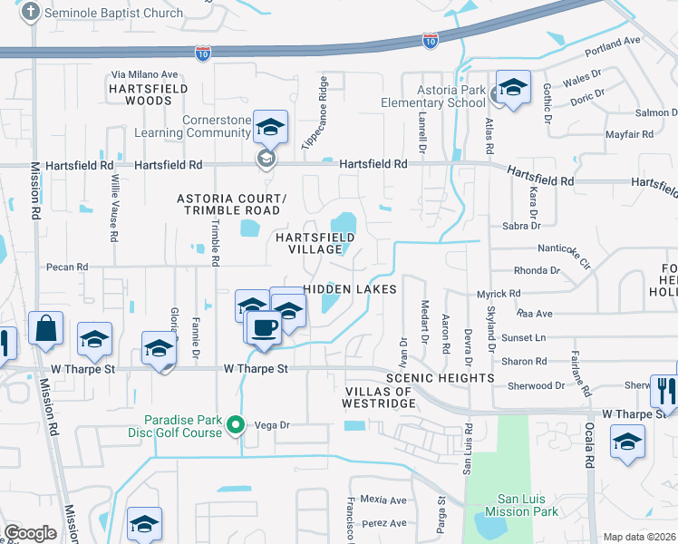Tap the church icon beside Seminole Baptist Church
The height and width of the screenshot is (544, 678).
(x=30, y=13)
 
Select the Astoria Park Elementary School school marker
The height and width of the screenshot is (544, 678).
(x=512, y=89)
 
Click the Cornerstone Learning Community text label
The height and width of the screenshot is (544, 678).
(x=204, y=126)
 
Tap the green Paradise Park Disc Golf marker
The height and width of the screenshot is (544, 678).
(x=237, y=424)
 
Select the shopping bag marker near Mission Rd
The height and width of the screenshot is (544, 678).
(x=45, y=328)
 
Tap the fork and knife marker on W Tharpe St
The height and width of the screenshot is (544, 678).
(x=664, y=391)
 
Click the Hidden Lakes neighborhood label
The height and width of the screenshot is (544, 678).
(x=350, y=288)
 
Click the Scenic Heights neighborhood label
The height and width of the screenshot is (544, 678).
(x=441, y=377)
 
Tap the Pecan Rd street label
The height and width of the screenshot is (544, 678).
(x=69, y=267)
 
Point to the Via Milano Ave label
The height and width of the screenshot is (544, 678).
(x=145, y=73)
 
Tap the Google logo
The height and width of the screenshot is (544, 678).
(x=30, y=533)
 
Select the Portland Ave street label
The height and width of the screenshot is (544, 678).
(x=613, y=44)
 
